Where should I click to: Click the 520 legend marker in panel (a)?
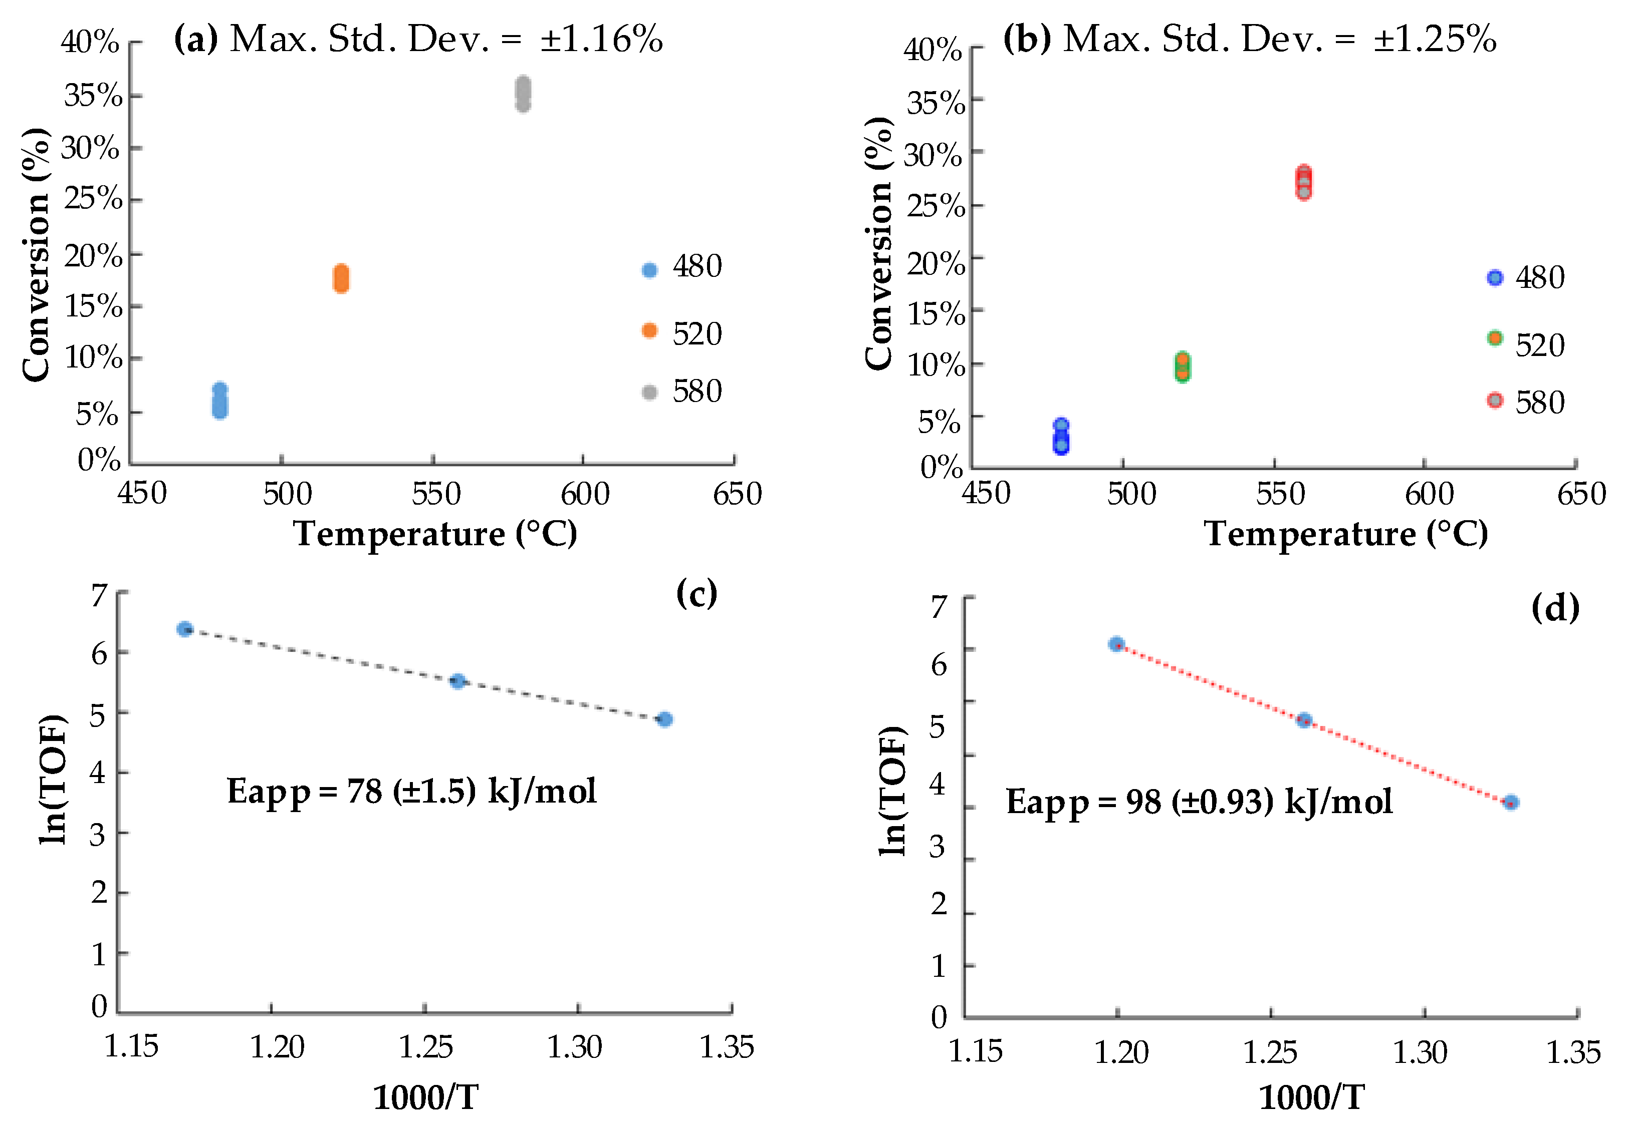(x=649, y=330)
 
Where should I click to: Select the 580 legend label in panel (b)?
(x=1540, y=403)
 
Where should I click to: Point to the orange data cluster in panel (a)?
(x=341, y=279)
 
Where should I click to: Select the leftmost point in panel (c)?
(x=185, y=629)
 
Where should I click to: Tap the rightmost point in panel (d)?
(x=1510, y=802)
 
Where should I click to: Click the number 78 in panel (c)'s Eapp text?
(x=365, y=792)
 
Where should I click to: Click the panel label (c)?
(x=696, y=593)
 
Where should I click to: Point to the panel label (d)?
(x=1554, y=608)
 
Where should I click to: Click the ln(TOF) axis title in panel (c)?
(x=53, y=779)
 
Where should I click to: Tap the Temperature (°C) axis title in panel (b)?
(x=1346, y=534)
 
